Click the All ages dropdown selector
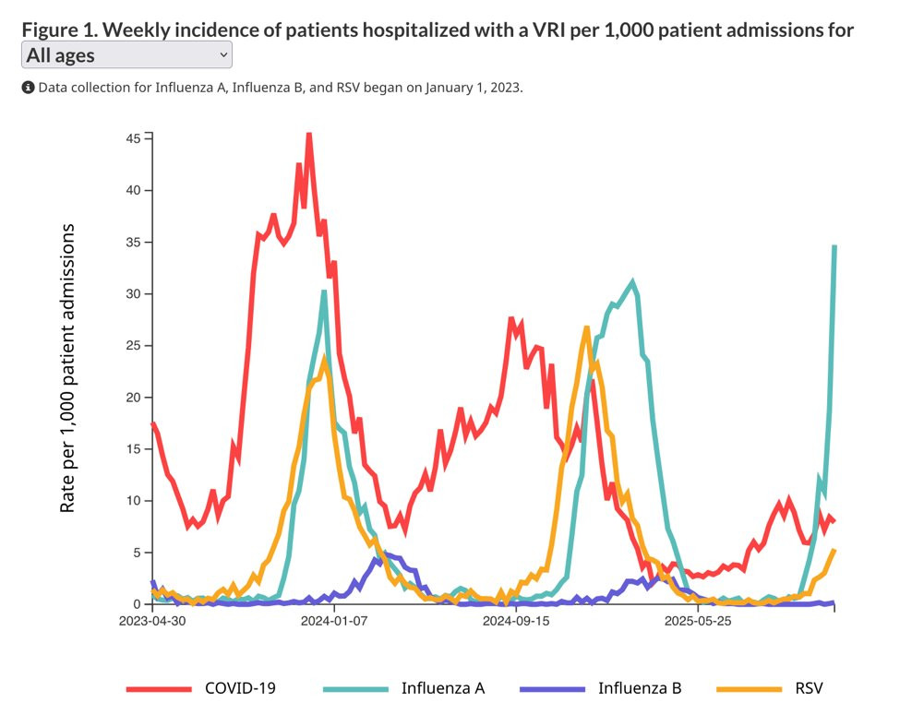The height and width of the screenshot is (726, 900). tap(126, 55)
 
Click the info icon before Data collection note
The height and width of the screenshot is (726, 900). tap(28, 88)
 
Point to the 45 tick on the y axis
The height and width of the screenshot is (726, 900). tap(134, 138)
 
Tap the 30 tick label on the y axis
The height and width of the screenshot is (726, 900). tap(134, 293)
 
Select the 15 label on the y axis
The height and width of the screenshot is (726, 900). tap(134, 448)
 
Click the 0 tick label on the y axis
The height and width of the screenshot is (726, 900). tap(138, 604)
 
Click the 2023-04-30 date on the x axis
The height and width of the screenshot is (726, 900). tap(153, 622)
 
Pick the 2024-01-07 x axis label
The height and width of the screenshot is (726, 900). tap(335, 622)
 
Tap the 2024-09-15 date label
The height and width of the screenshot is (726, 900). tap(516, 622)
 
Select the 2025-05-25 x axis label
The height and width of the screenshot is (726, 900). tap(699, 622)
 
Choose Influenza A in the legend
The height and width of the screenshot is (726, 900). tap(442, 687)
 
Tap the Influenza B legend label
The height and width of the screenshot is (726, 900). tap(640, 687)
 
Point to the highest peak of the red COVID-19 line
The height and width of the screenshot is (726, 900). tap(308, 135)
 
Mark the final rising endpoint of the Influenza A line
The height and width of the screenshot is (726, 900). tap(834, 246)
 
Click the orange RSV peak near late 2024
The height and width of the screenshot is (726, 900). tap(586, 327)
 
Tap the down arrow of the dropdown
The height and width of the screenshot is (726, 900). tap(223, 55)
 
